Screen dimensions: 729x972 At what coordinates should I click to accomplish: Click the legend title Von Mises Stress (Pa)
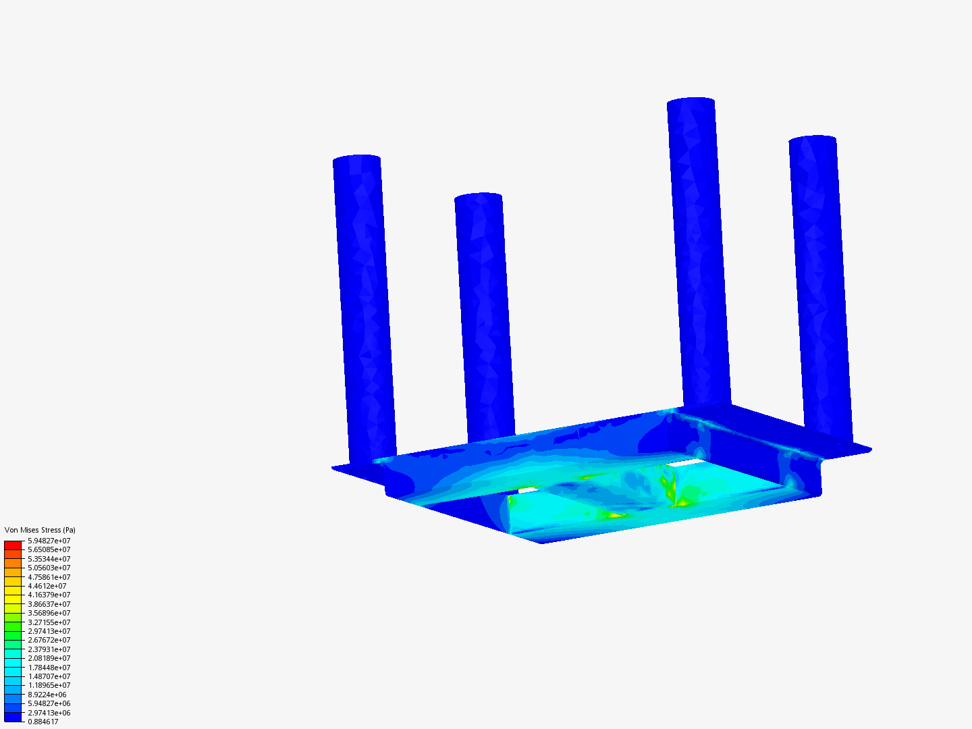[40, 530]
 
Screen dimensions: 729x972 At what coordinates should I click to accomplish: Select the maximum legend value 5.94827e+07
[49, 541]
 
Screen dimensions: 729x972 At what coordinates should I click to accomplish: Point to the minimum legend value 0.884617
[43, 722]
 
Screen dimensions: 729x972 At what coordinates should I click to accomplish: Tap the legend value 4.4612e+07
[47, 586]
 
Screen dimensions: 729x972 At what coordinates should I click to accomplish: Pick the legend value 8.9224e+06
[47, 695]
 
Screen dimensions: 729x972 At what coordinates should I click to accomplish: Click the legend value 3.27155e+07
[49, 622]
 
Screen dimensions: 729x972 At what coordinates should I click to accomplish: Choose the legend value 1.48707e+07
[49, 676]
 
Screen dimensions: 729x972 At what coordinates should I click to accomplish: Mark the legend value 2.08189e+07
[49, 658]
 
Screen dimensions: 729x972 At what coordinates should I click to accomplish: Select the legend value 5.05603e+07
[49, 568]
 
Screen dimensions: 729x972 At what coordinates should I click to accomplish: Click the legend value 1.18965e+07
[49, 685]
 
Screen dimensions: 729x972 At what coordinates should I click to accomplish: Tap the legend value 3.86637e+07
[49, 604]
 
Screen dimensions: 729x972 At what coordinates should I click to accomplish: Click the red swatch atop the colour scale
[13, 545]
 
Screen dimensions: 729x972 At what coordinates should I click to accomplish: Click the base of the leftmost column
[373, 457]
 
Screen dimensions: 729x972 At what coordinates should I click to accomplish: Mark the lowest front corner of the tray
[543, 542]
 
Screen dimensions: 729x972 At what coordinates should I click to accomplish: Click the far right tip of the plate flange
[869, 450]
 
